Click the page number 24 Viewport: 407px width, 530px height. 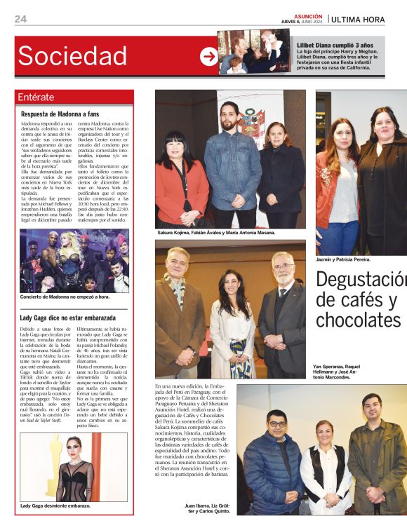pos(20,19)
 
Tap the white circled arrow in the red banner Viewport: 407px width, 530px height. pos(208,57)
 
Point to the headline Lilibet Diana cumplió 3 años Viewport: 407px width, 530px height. pos(333,45)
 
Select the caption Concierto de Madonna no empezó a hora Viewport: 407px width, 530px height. pos(65,297)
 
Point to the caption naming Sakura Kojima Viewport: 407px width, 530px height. pos(215,232)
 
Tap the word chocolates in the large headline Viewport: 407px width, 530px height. pos(357,320)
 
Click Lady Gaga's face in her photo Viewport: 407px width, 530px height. pos(74,446)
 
